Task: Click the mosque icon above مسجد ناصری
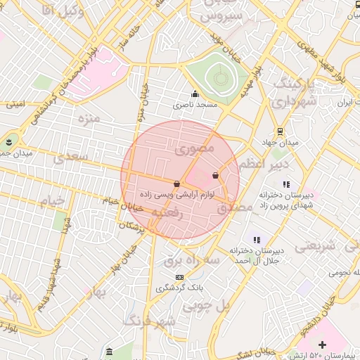coord(195,94)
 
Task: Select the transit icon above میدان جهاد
coord(280,131)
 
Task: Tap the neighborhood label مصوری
coord(192,149)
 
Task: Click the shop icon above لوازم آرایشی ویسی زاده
coord(176,184)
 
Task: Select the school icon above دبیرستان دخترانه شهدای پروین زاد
coord(285,184)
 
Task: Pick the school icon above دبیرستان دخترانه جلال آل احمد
coord(257,240)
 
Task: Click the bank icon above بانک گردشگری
coord(179,277)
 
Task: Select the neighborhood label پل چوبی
coord(207,306)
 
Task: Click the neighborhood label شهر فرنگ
coord(149,322)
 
